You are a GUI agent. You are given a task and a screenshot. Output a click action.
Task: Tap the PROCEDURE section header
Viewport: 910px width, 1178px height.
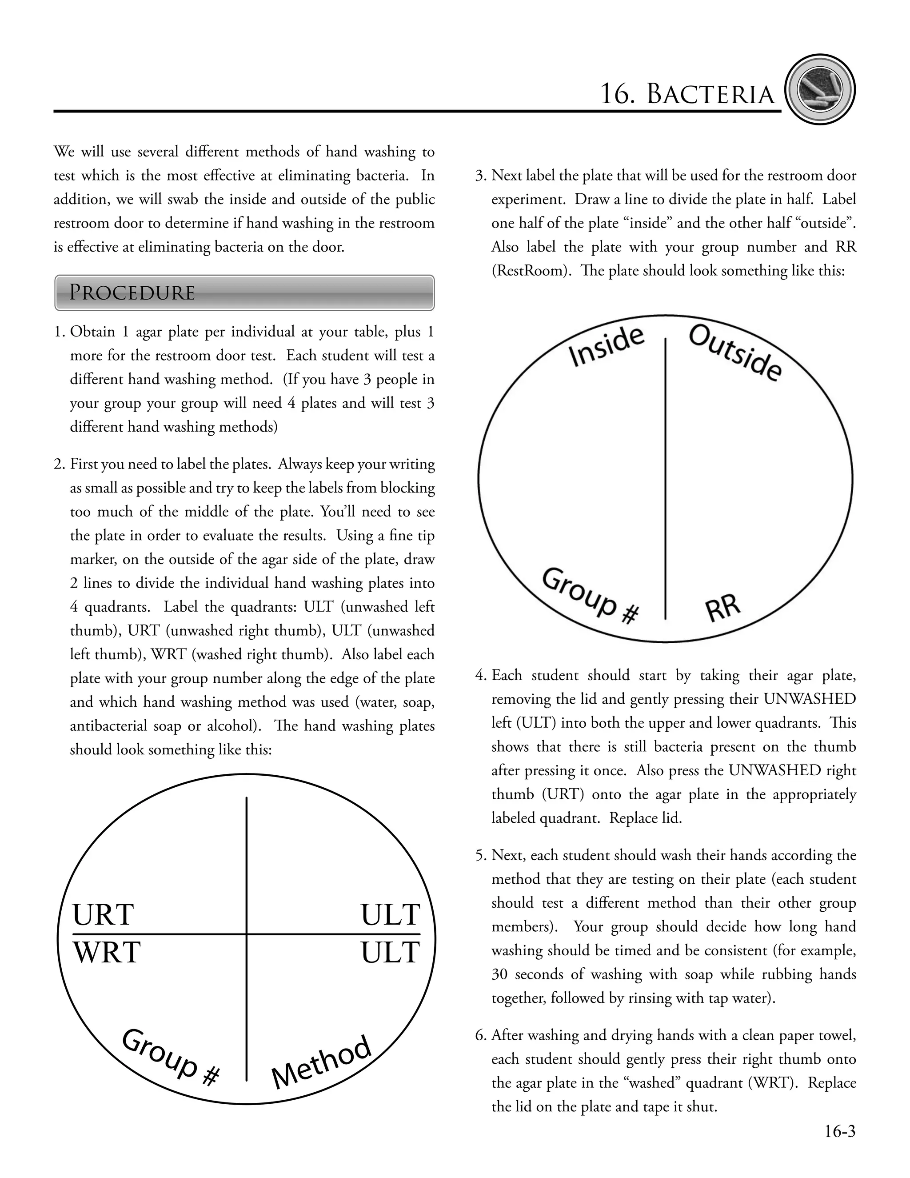click(x=132, y=292)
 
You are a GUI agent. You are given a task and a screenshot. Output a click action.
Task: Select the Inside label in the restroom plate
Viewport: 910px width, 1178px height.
click(x=607, y=347)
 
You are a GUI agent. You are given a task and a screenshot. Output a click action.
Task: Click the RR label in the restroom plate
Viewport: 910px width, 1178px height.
click(x=723, y=607)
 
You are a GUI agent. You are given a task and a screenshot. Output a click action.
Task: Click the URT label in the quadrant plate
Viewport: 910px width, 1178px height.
click(x=103, y=915)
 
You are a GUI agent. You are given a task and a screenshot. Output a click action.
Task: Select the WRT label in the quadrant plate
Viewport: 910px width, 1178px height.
click(x=107, y=953)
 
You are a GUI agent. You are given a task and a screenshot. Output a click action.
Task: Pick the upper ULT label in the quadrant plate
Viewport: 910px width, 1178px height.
click(x=390, y=915)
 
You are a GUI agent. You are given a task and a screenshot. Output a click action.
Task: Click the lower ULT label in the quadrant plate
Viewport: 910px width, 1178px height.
click(x=390, y=953)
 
